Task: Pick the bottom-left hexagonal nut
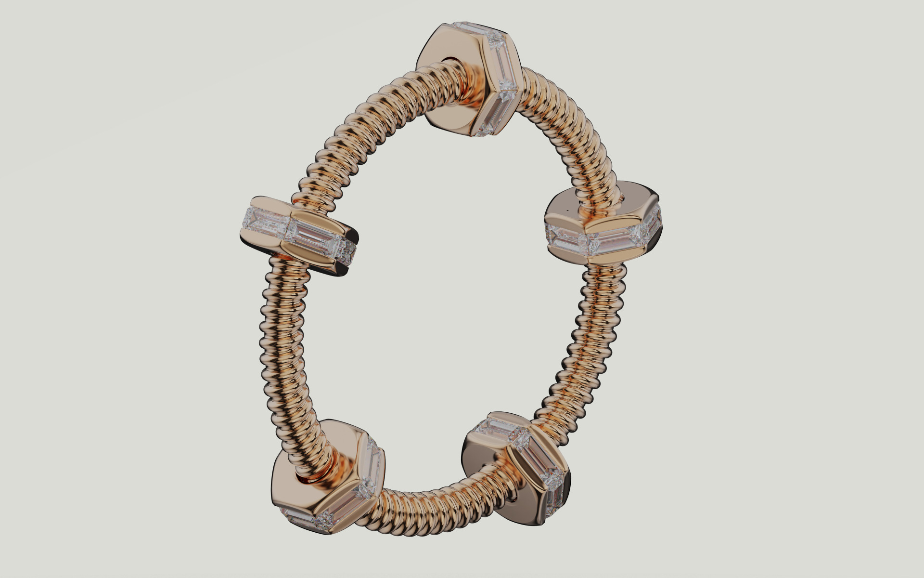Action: tap(327, 477)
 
